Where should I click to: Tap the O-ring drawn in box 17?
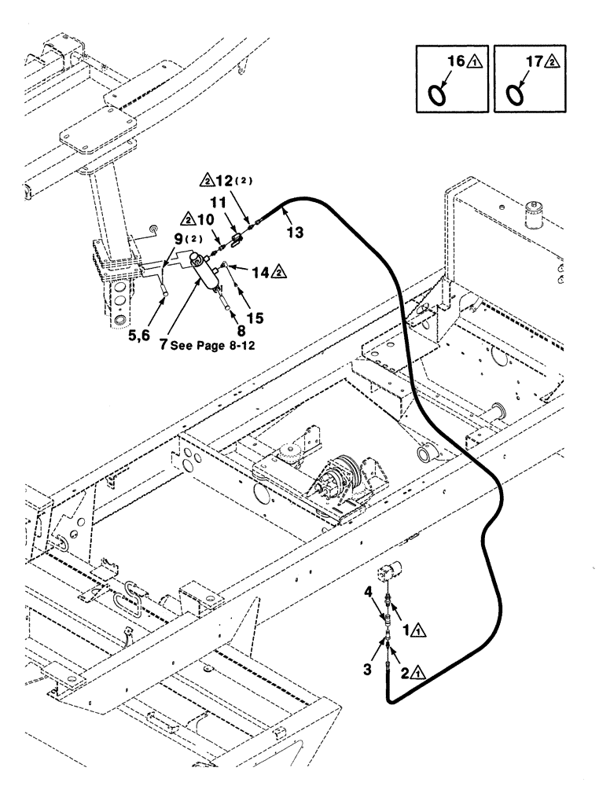[515, 95]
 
